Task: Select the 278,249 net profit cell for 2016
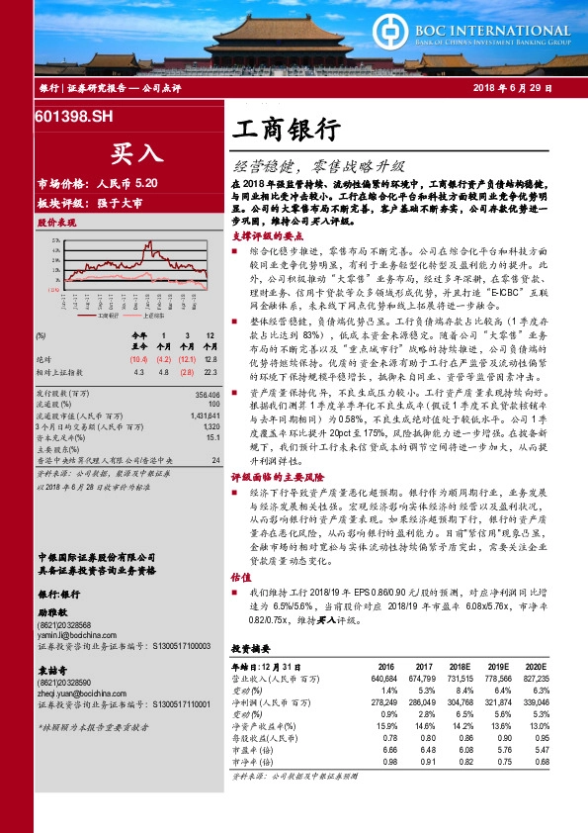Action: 383,700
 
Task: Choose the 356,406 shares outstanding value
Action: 206,394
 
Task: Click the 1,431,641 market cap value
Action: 203,417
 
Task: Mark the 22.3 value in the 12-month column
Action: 210,373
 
